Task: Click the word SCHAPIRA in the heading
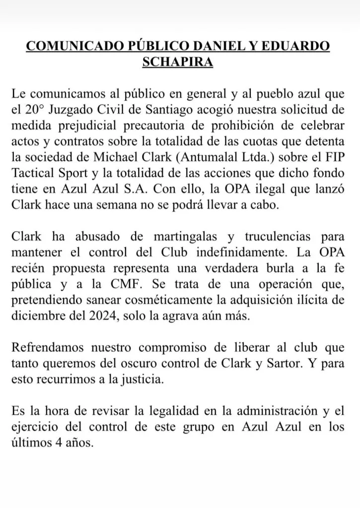point(177,63)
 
